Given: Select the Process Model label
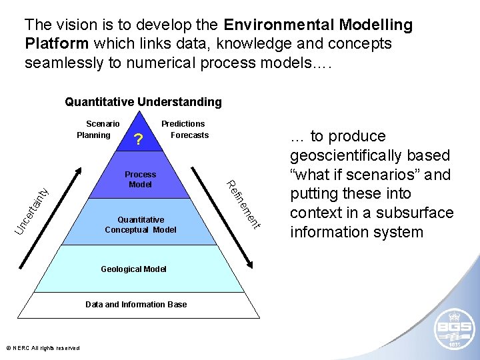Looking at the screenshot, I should coord(140,179).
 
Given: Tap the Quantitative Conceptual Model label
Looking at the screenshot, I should coord(141,225).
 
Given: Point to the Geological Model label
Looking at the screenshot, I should coord(133,269).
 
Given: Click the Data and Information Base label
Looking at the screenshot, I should coord(136,305).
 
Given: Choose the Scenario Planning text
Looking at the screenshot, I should coord(99,129).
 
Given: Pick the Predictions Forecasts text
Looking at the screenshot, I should coord(185,129).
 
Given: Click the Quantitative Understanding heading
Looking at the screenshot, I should coord(143,102).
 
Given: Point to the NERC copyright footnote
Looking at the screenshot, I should coord(43,348).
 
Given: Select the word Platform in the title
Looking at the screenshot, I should coord(57,44).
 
